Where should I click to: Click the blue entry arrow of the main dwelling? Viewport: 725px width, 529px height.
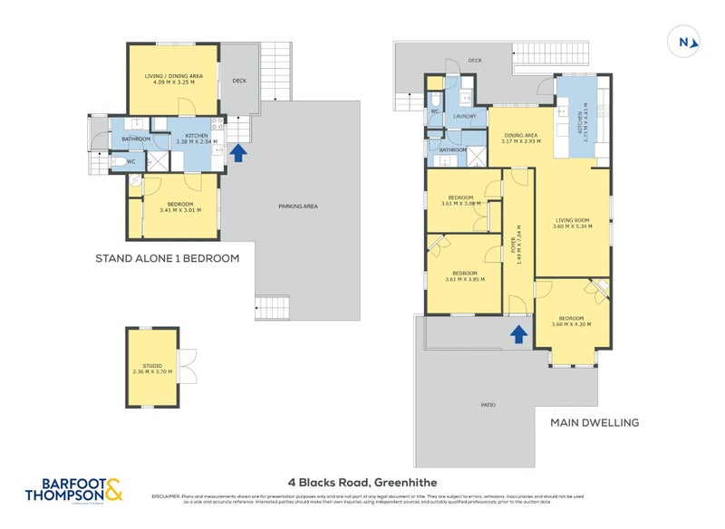pos(517,335)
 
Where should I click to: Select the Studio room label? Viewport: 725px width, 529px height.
pos(151,368)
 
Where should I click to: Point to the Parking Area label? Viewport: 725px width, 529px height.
pos(297,207)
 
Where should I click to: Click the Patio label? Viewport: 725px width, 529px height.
pos(488,404)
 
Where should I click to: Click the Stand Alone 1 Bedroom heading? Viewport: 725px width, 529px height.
pos(167,258)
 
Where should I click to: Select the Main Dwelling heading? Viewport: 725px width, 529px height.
pos(595,422)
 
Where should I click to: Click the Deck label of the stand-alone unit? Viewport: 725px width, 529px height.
pos(239,81)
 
